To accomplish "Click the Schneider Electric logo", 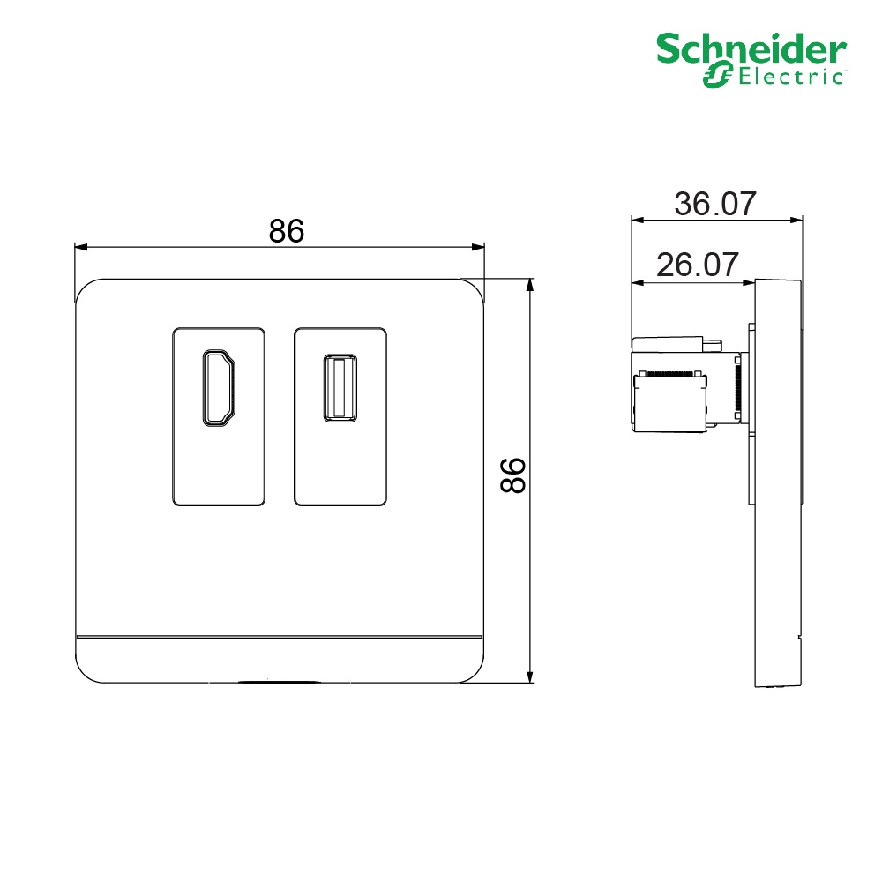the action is pos(751,60).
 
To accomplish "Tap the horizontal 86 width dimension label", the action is pos(287,230).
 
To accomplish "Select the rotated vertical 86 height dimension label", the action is pos(513,475).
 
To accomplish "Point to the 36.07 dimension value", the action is pos(715,204).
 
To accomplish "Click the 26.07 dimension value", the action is pos(698,265).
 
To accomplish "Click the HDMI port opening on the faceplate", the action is pos(219,388).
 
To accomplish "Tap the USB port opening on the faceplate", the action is pos(340,388).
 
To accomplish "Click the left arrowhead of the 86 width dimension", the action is pos(81,246).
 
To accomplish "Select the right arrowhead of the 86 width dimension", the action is pos(477,246).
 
